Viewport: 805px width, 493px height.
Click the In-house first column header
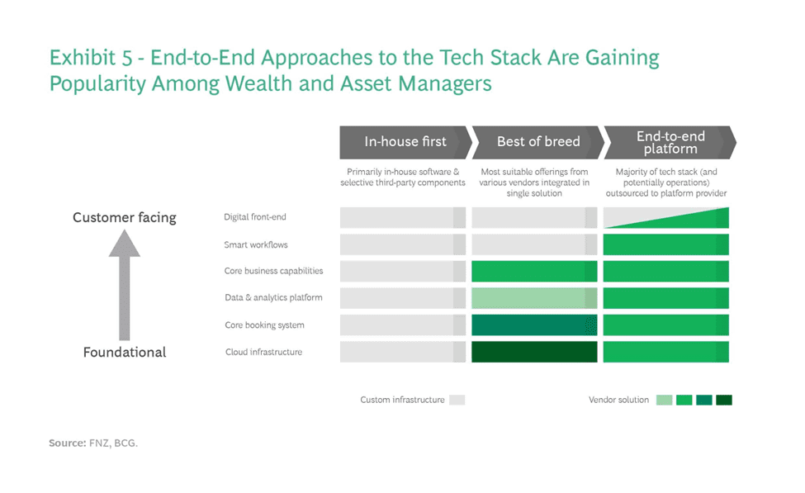pyautogui.click(x=405, y=142)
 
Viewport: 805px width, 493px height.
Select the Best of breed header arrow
pyautogui.click(x=538, y=142)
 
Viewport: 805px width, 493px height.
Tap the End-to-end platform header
pyautogui.click(x=670, y=142)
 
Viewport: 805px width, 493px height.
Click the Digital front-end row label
pyautogui.click(x=254, y=217)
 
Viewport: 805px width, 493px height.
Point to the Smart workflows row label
pyautogui.click(x=256, y=245)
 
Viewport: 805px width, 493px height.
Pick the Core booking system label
pyautogui.click(x=264, y=325)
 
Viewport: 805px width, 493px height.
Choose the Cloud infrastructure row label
pyautogui.click(x=264, y=352)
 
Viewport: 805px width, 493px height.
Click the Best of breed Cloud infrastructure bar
pyautogui.click(x=534, y=352)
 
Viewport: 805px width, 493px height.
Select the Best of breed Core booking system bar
pyautogui.click(x=534, y=325)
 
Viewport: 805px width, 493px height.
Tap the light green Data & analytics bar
pyautogui.click(x=534, y=298)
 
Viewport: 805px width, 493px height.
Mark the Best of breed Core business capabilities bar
pyautogui.click(x=534, y=271)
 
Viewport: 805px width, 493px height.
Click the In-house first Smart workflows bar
pyautogui.click(x=403, y=244)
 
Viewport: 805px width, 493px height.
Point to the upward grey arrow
pyautogui.click(x=124, y=285)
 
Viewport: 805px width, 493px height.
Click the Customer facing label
pyautogui.click(x=124, y=218)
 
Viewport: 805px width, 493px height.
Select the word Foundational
pyautogui.click(x=124, y=353)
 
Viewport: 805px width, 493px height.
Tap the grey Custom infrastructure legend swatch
pyautogui.click(x=457, y=400)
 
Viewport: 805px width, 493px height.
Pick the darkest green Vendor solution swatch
pyautogui.click(x=724, y=400)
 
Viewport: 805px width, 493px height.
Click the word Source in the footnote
pyautogui.click(x=67, y=443)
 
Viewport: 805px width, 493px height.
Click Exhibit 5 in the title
pyautogui.click(x=91, y=58)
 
